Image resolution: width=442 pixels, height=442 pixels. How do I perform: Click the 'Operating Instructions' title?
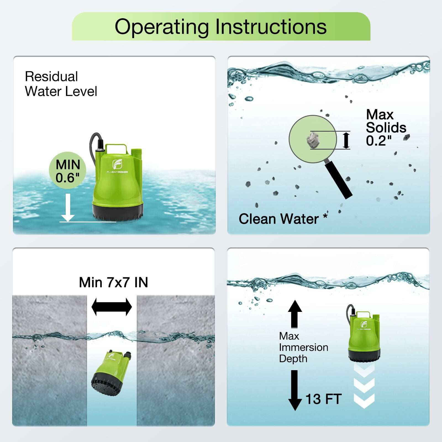220,27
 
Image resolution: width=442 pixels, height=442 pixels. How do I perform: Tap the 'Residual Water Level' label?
61,84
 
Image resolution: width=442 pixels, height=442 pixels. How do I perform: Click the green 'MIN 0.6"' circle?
68,170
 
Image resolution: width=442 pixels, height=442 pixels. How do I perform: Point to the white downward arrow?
68,207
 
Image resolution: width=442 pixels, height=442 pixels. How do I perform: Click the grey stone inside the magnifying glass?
312,140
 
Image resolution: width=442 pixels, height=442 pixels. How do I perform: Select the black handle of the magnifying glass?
338,180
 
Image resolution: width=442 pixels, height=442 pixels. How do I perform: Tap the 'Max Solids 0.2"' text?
386,128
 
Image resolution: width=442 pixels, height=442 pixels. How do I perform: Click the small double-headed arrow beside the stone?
346,140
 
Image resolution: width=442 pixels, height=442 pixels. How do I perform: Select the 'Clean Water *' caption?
283,219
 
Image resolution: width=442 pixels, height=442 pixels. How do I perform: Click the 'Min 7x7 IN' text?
114,282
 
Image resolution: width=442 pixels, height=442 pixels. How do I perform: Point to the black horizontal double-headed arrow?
112,307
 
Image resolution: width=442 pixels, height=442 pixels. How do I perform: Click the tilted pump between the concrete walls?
111,369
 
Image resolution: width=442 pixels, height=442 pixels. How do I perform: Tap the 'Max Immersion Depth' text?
303,347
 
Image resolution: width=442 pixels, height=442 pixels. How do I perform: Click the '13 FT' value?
323,399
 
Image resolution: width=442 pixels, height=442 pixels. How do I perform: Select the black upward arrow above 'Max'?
295,314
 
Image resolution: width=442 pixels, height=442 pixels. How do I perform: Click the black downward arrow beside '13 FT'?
295,390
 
